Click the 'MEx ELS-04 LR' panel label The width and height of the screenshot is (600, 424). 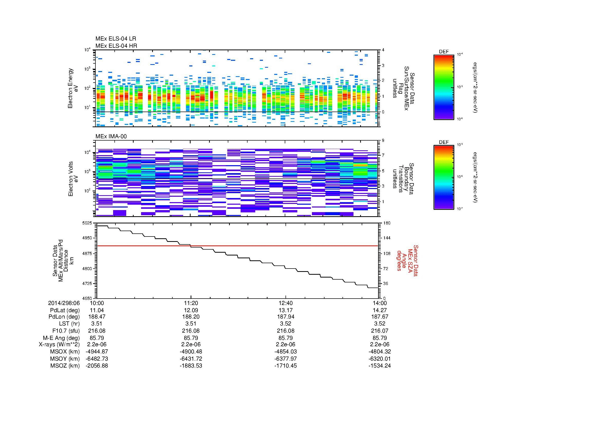click(115, 39)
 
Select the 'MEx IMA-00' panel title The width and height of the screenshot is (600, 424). click(111, 136)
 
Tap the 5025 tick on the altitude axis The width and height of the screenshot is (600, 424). click(87, 223)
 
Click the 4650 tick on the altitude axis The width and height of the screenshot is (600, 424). click(87, 298)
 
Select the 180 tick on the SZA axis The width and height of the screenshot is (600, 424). click(387, 223)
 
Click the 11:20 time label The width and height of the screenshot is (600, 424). click(191, 303)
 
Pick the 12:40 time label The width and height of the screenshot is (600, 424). click(286, 303)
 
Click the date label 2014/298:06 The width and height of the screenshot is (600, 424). click(64, 303)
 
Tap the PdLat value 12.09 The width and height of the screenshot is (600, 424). click(191, 310)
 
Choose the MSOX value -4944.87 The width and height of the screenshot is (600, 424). click(97, 352)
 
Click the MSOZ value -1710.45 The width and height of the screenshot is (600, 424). click(286, 366)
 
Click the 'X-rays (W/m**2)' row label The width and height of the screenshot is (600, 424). click(59, 344)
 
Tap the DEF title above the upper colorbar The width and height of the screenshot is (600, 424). click(444, 52)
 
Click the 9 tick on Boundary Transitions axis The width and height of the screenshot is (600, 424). click(383, 140)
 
